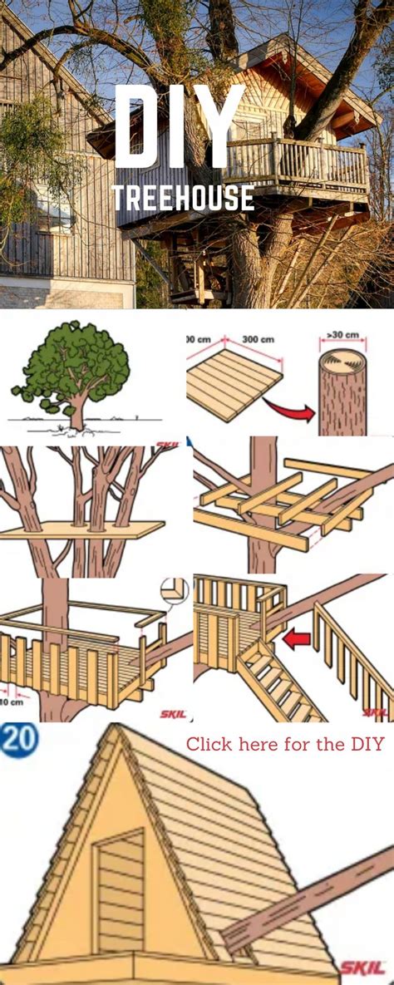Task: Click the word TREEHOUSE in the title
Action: click(183, 198)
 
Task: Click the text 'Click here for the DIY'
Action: click(285, 743)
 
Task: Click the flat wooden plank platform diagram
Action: click(234, 383)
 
